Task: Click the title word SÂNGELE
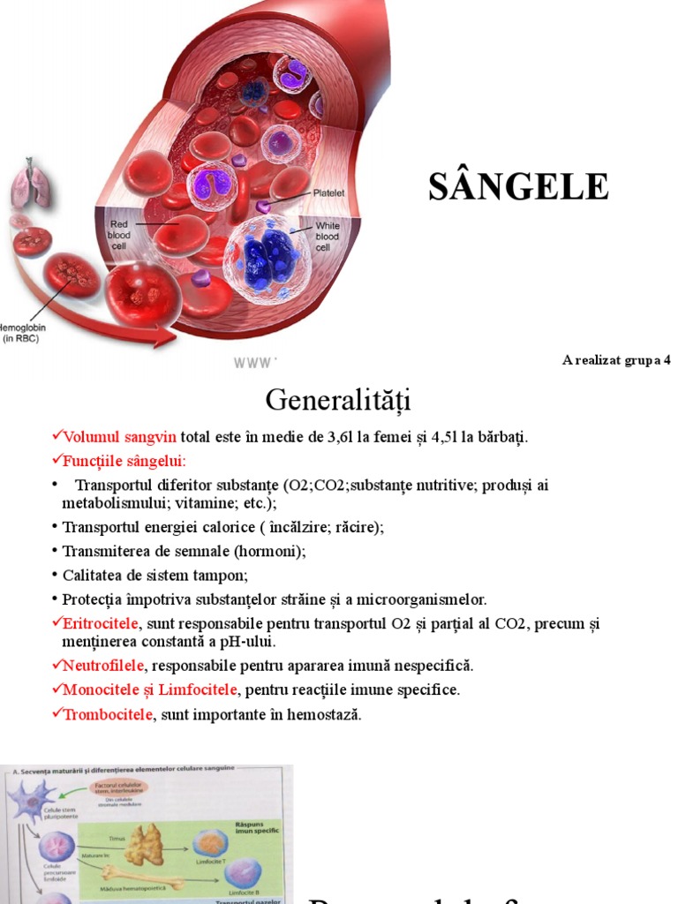pyautogui.click(x=518, y=186)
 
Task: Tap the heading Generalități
pyautogui.click(x=338, y=401)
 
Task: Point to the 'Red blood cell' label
pyautogui.click(x=119, y=236)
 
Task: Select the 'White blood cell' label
pyautogui.click(x=327, y=237)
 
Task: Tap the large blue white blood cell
pyautogui.click(x=266, y=257)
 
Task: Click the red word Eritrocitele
pyautogui.click(x=100, y=624)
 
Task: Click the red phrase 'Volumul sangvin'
pyautogui.click(x=120, y=437)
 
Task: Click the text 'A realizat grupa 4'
pyautogui.click(x=616, y=360)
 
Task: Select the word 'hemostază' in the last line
pyautogui.click(x=326, y=714)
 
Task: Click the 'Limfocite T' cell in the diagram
pyautogui.click(x=211, y=843)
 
